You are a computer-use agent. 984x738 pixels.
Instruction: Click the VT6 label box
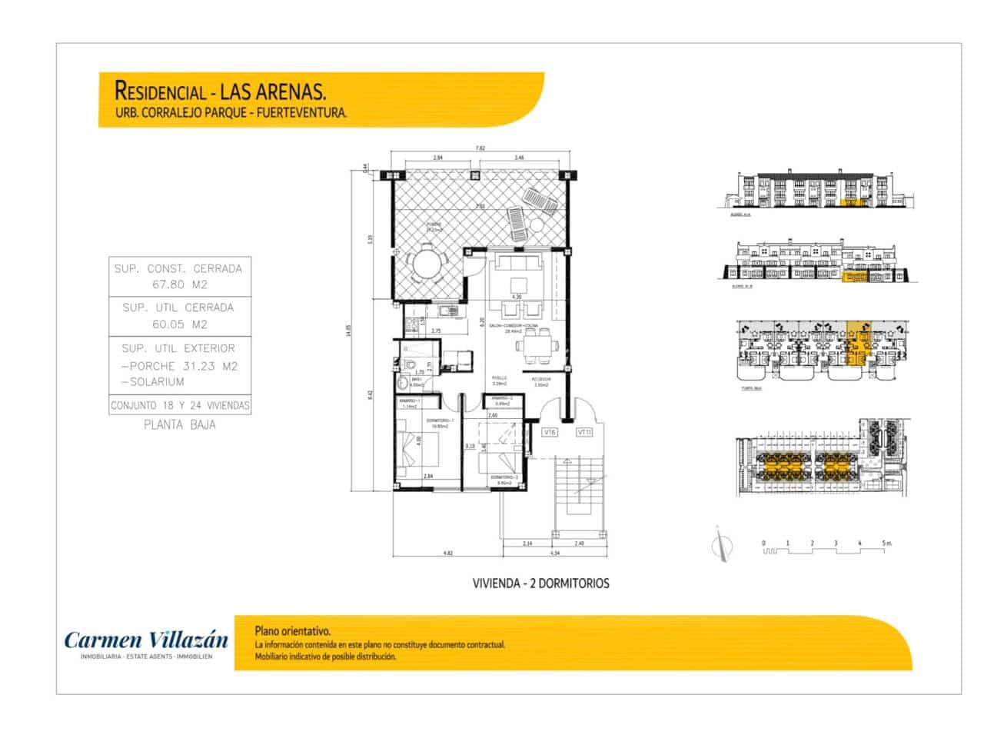click(549, 433)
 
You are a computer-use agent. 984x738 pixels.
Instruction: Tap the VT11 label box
click(584, 433)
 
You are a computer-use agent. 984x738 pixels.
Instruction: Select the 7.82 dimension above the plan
click(480, 148)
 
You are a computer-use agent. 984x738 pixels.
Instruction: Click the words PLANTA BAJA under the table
click(180, 424)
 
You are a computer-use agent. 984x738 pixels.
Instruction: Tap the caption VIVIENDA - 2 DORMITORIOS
click(540, 583)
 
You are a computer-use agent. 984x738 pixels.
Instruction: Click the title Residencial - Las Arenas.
click(220, 91)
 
